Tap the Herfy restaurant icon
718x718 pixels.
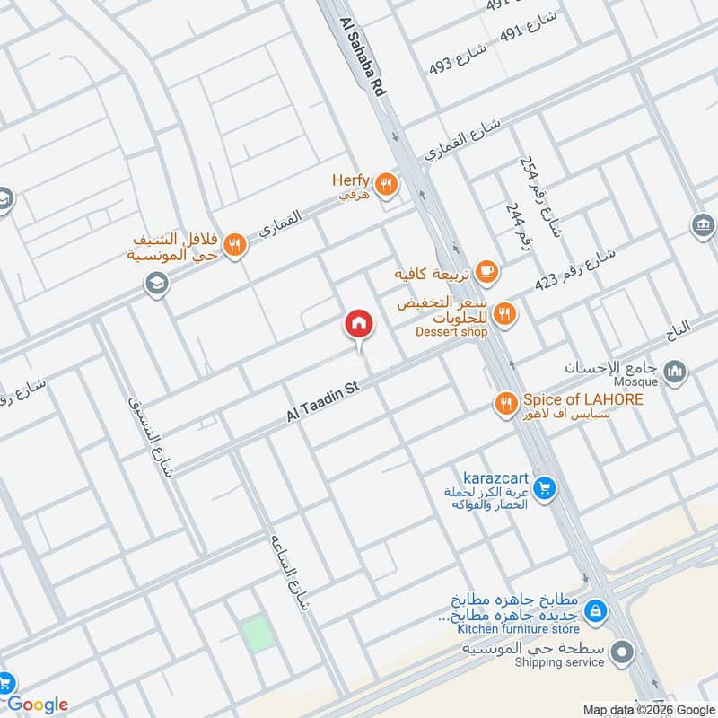(x=387, y=184)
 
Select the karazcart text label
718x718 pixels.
(x=494, y=477)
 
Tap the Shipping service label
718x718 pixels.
(x=559, y=662)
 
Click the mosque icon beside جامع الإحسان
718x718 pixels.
(x=674, y=371)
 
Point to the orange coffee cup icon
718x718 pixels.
(x=486, y=271)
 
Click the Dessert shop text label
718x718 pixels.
(x=451, y=332)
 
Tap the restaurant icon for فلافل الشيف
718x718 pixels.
(x=234, y=244)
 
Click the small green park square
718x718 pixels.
(x=258, y=635)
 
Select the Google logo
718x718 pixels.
(x=38, y=705)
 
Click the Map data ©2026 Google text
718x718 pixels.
(x=649, y=709)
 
